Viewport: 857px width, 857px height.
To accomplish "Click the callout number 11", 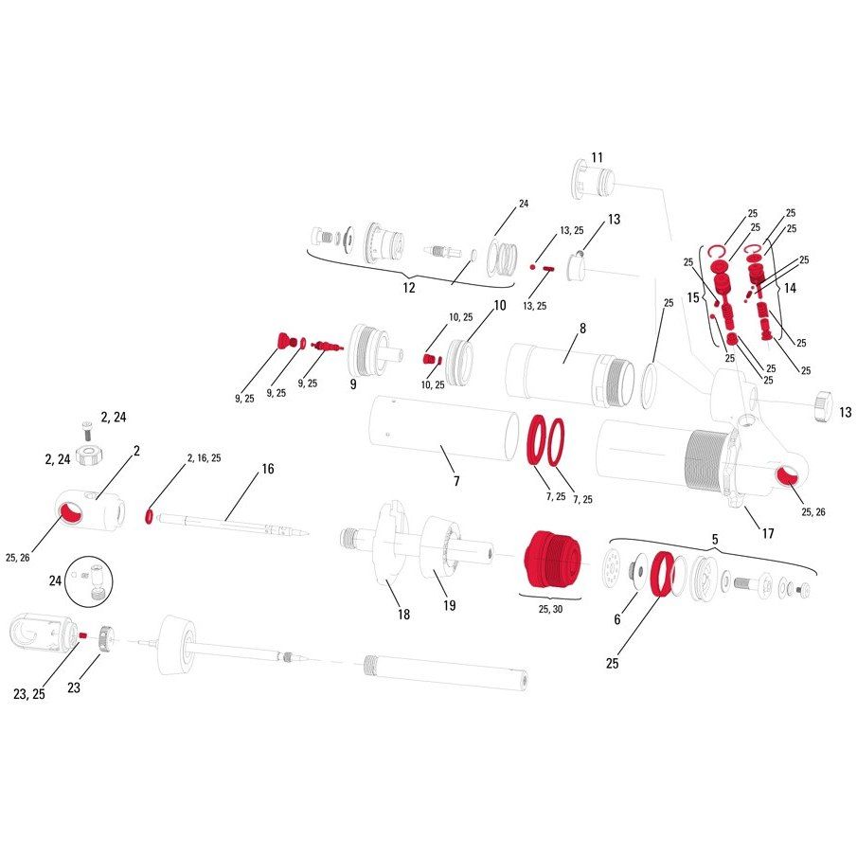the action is pyautogui.click(x=597, y=157).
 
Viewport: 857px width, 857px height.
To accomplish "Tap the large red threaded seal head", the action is pyautogui.click(x=551, y=559).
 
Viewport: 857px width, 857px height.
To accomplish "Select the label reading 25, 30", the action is pyautogui.click(x=550, y=609).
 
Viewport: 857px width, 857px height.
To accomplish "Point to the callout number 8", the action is pyautogui.click(x=582, y=328).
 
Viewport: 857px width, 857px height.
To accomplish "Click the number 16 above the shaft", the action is pyautogui.click(x=268, y=469).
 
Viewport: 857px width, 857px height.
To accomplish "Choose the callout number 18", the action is pyautogui.click(x=403, y=615).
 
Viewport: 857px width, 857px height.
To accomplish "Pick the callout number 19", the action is pyautogui.click(x=449, y=605).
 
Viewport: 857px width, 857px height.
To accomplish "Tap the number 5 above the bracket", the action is pyautogui.click(x=715, y=540).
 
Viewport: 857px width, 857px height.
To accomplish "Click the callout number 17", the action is pyautogui.click(x=768, y=533).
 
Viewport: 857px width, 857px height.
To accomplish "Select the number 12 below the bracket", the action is pyautogui.click(x=409, y=288).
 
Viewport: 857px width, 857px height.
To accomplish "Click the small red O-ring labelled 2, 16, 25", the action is pyautogui.click(x=149, y=516).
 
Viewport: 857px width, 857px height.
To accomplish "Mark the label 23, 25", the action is pyautogui.click(x=29, y=694).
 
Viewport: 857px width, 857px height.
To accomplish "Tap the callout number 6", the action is pyautogui.click(x=617, y=618).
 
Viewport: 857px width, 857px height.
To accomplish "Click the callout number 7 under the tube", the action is pyautogui.click(x=456, y=481).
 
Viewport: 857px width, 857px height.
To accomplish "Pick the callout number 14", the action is pyautogui.click(x=790, y=288).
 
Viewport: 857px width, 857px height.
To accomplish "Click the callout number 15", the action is pyautogui.click(x=693, y=297).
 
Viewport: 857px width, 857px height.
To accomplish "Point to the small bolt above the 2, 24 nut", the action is pyautogui.click(x=87, y=430).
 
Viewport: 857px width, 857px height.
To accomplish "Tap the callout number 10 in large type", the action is pyautogui.click(x=500, y=305).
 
